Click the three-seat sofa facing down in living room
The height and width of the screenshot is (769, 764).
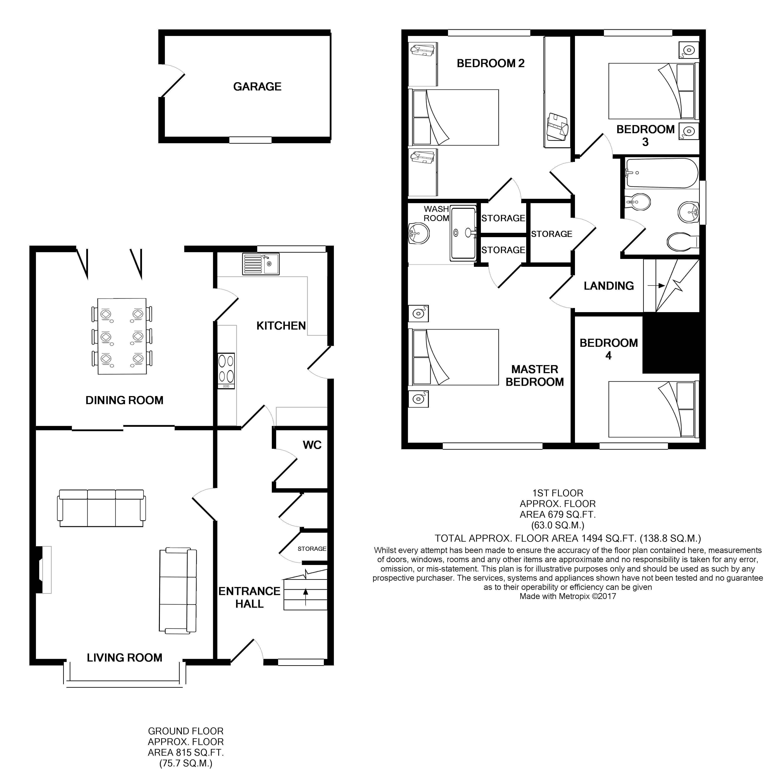pos(101,508)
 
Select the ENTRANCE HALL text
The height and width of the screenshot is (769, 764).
pos(249,597)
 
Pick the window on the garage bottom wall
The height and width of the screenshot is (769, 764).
pos(250,140)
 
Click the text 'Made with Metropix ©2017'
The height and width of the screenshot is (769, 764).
pos(568,596)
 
